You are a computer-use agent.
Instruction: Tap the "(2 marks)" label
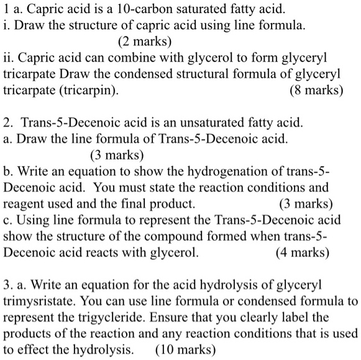[x=144, y=42]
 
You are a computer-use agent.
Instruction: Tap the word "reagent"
[x=24, y=204]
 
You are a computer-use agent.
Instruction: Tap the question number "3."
[x=8, y=285]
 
